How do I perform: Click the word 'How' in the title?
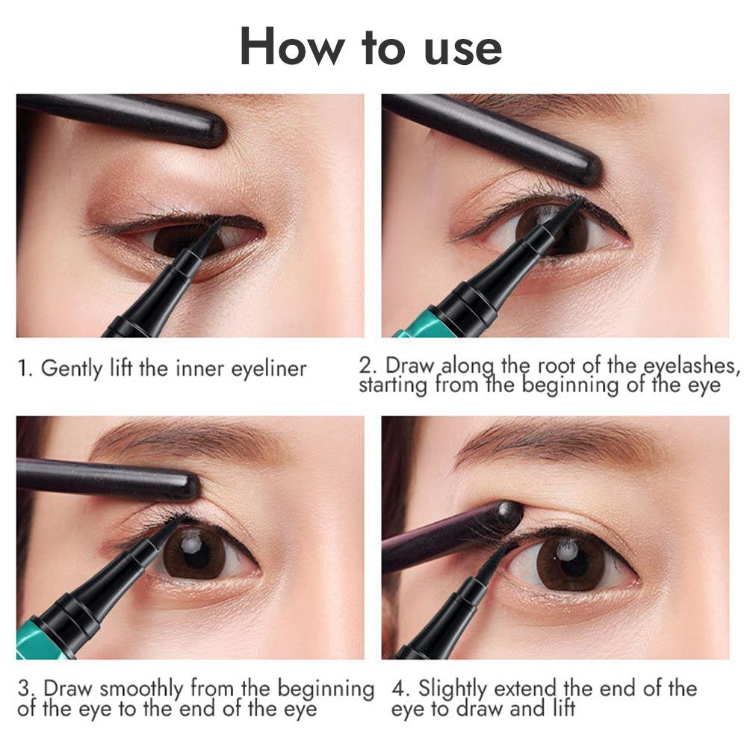pos(292,47)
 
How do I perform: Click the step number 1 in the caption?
pos(23,369)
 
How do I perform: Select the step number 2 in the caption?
pos(366,366)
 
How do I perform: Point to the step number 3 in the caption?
pos(23,688)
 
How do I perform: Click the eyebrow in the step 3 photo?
pos(187,441)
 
